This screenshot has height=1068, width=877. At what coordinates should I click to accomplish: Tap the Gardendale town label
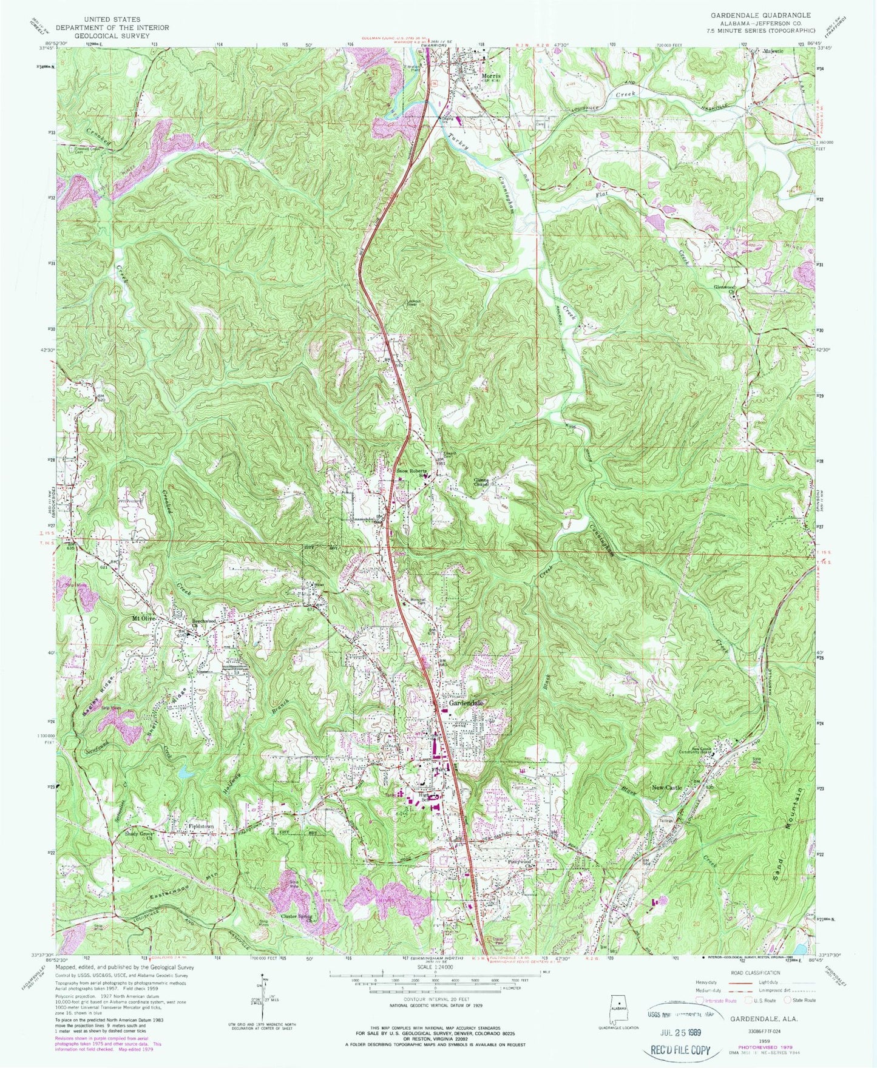tap(467, 703)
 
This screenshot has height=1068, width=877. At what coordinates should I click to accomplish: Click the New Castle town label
tap(667, 788)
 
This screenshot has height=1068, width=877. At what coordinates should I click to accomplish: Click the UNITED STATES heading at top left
tap(111, 19)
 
